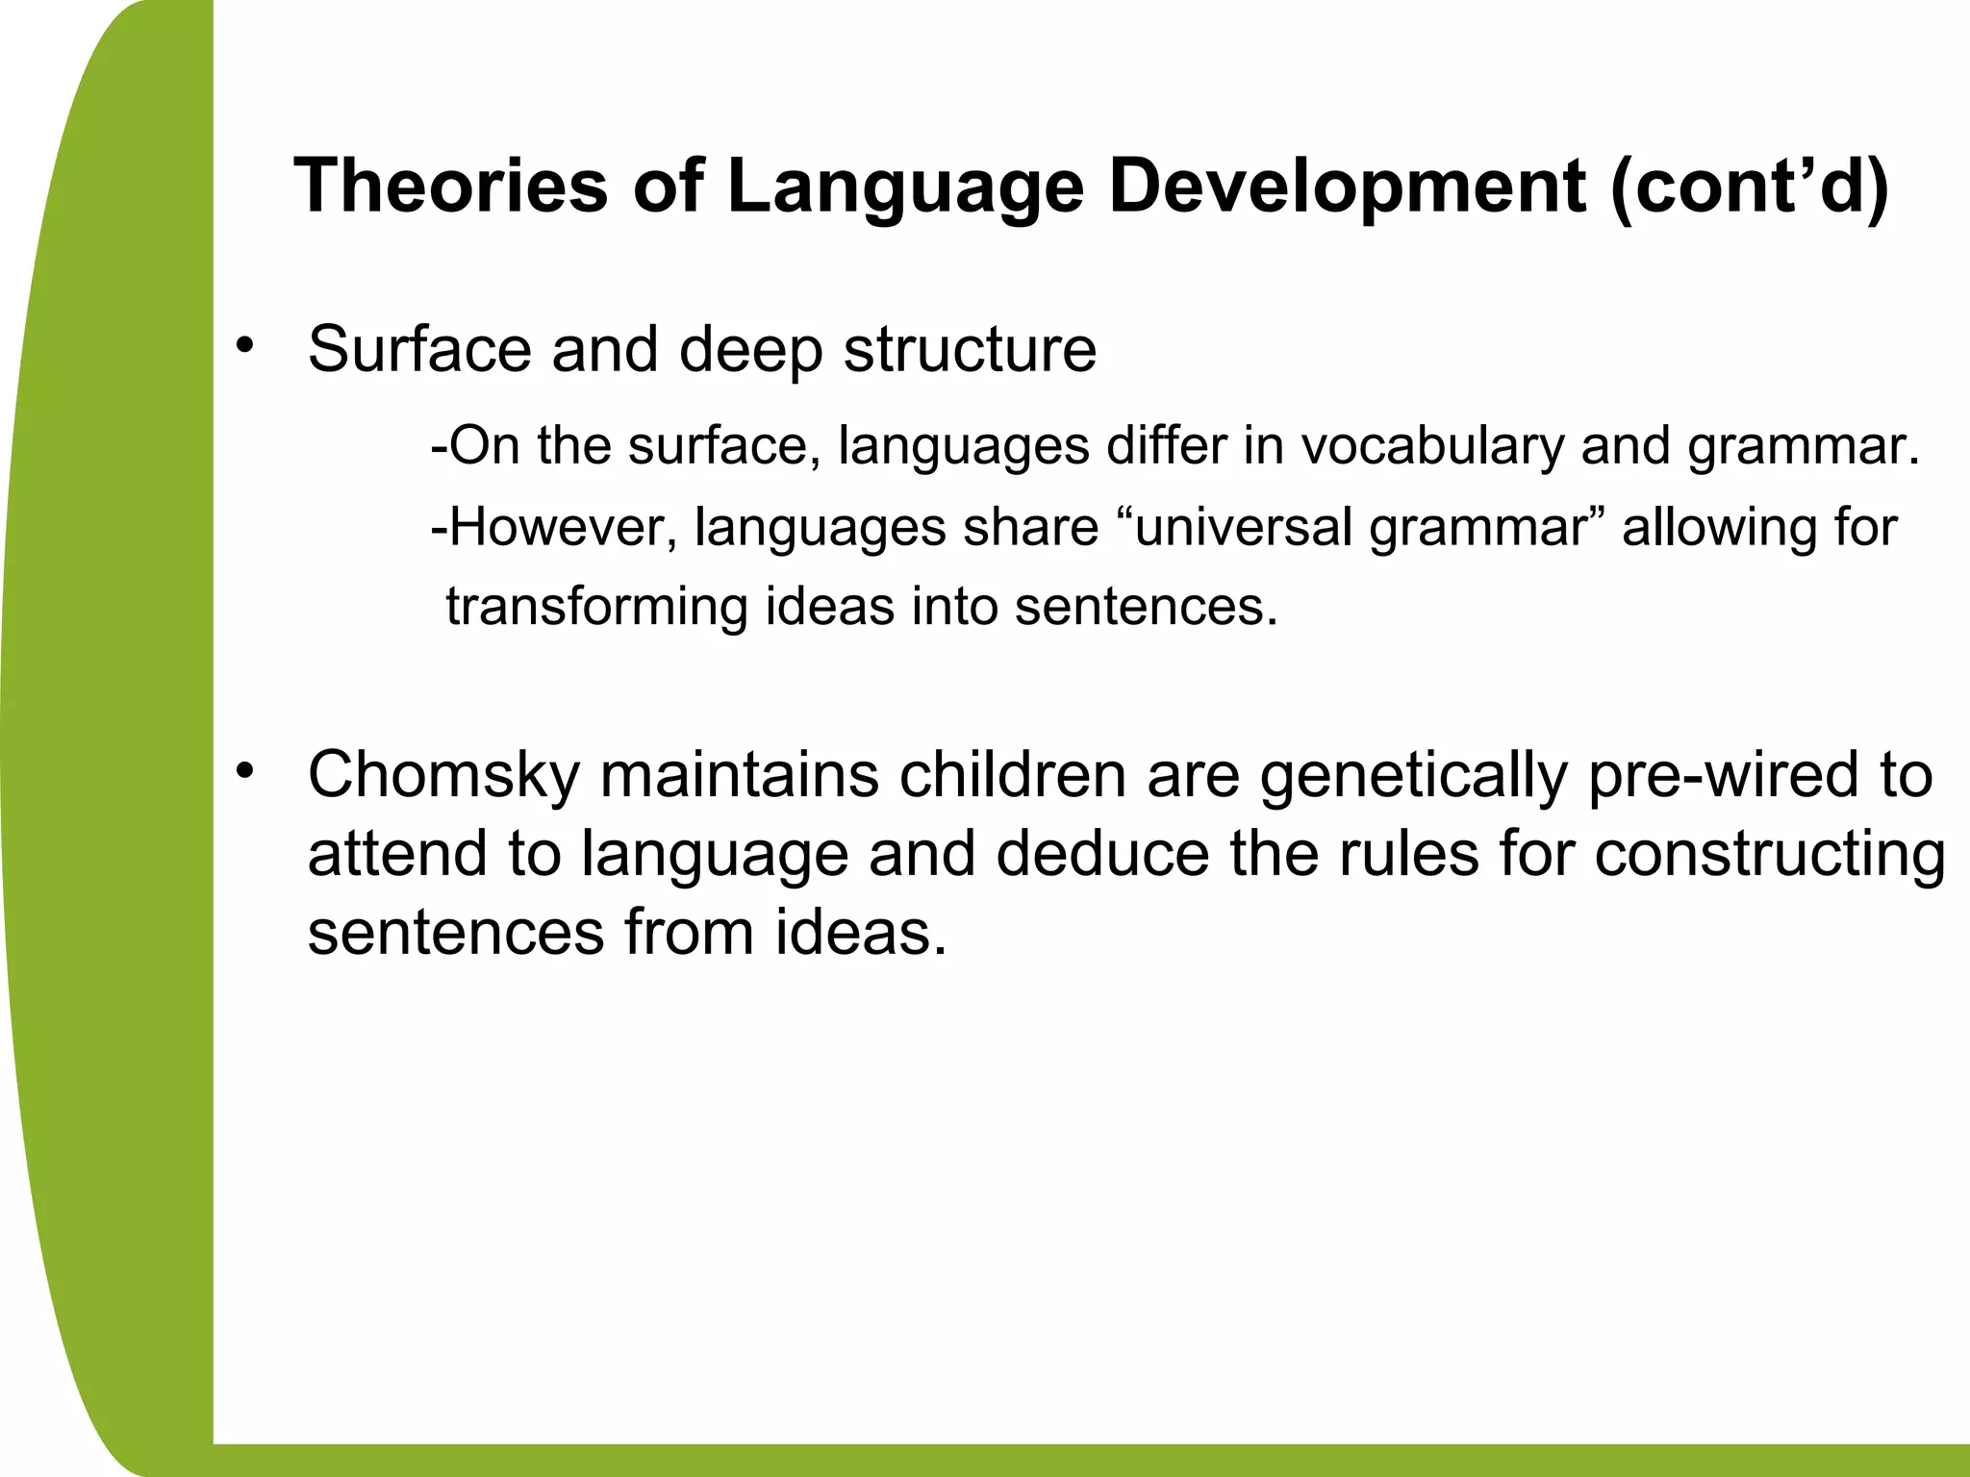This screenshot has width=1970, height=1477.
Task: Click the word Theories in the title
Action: (x=451, y=187)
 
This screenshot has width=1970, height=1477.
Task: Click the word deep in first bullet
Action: (x=751, y=351)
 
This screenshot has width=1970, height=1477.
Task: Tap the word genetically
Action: (x=1414, y=776)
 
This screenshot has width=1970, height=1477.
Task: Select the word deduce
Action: (x=1102, y=854)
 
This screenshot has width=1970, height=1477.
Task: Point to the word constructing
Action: (x=1770, y=854)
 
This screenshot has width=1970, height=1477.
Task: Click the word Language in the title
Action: (x=905, y=187)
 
